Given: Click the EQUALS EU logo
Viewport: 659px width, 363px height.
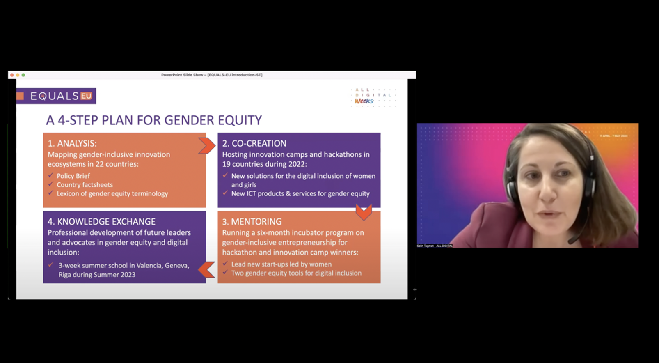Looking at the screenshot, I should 56,96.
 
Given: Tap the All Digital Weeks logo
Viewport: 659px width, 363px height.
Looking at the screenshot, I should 373,97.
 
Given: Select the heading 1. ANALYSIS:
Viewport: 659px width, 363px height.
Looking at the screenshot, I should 72,143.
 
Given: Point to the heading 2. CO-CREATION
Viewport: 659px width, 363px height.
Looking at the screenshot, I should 254,143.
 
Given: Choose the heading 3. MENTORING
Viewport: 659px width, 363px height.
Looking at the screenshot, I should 252,222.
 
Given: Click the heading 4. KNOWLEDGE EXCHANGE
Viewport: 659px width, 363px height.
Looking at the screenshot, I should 101,222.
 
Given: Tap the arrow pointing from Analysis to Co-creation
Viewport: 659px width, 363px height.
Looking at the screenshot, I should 207,146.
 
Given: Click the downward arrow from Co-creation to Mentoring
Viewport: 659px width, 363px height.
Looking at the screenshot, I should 364,211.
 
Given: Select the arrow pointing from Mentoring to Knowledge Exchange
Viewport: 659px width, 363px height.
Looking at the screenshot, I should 207,270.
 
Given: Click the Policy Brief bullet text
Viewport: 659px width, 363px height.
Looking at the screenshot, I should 73,176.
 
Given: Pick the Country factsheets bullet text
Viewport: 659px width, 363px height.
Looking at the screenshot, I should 85,185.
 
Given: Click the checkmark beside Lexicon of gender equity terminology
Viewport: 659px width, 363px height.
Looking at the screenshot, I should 51,193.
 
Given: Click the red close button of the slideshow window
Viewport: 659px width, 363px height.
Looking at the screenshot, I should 12,75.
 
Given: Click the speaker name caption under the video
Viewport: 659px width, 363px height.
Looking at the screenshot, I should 435,246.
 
